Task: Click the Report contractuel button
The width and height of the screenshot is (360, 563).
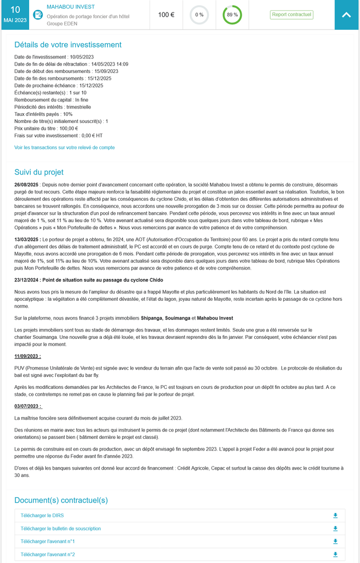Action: pyautogui.click(x=292, y=15)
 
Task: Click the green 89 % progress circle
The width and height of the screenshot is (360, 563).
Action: pyautogui.click(x=232, y=15)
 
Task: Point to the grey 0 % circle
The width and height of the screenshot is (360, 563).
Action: pyautogui.click(x=199, y=15)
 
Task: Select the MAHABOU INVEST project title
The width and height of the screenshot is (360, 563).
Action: pyautogui.click(x=71, y=7)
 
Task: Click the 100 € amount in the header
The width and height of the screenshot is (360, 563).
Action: pyautogui.click(x=166, y=15)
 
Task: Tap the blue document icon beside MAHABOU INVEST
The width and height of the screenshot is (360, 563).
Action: pyautogui.click(x=38, y=15)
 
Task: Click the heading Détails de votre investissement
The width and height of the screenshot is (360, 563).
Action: pyautogui.click(x=68, y=45)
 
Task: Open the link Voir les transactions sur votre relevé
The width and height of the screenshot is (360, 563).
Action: pyautogui.click(x=65, y=148)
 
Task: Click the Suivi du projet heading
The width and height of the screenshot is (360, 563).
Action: pyautogui.click(x=39, y=172)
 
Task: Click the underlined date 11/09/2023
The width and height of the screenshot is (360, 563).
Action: pyautogui.click(x=28, y=356)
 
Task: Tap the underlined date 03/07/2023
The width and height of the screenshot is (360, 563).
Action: pyautogui.click(x=28, y=406)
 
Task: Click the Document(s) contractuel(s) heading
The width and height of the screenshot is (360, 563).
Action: pyautogui.click(x=61, y=500)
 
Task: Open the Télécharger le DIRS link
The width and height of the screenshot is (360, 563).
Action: pyautogui.click(x=42, y=516)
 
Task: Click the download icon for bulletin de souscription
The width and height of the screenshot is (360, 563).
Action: pyautogui.click(x=335, y=529)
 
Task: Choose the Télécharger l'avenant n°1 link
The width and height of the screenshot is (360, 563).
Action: pyautogui.click(x=48, y=542)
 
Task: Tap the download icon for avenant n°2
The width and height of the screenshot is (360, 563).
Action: pyautogui.click(x=335, y=555)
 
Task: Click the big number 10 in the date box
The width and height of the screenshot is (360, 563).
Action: pyautogui.click(x=16, y=9)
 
